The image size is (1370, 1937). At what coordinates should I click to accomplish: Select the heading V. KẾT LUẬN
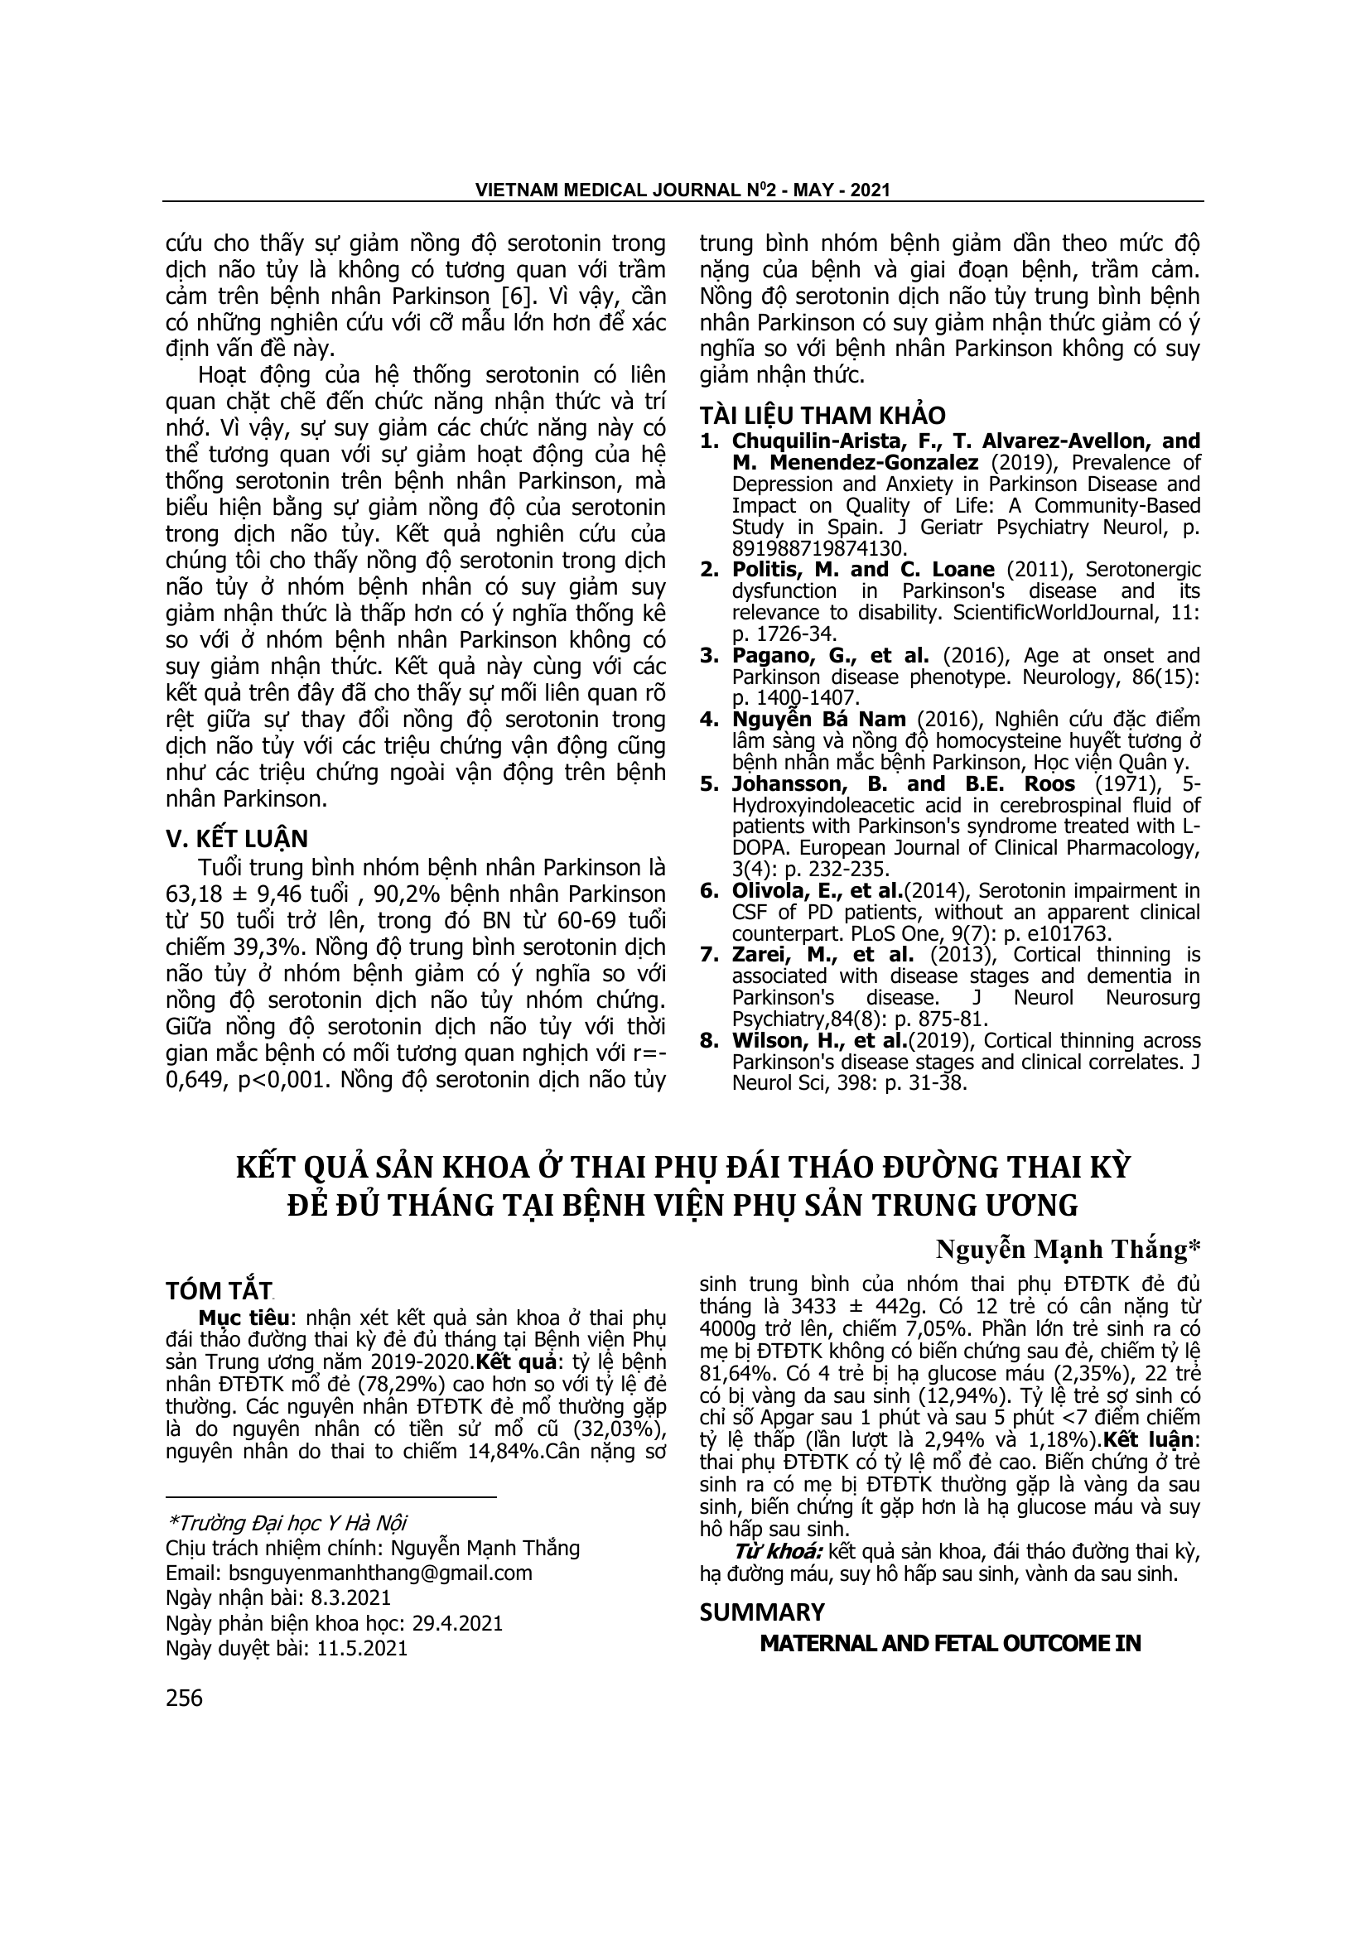point(237,839)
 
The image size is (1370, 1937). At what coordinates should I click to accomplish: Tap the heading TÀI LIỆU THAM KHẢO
point(822,415)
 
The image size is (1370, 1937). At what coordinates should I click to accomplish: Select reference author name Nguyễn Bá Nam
point(819,720)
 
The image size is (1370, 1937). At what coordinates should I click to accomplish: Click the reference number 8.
point(709,1040)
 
